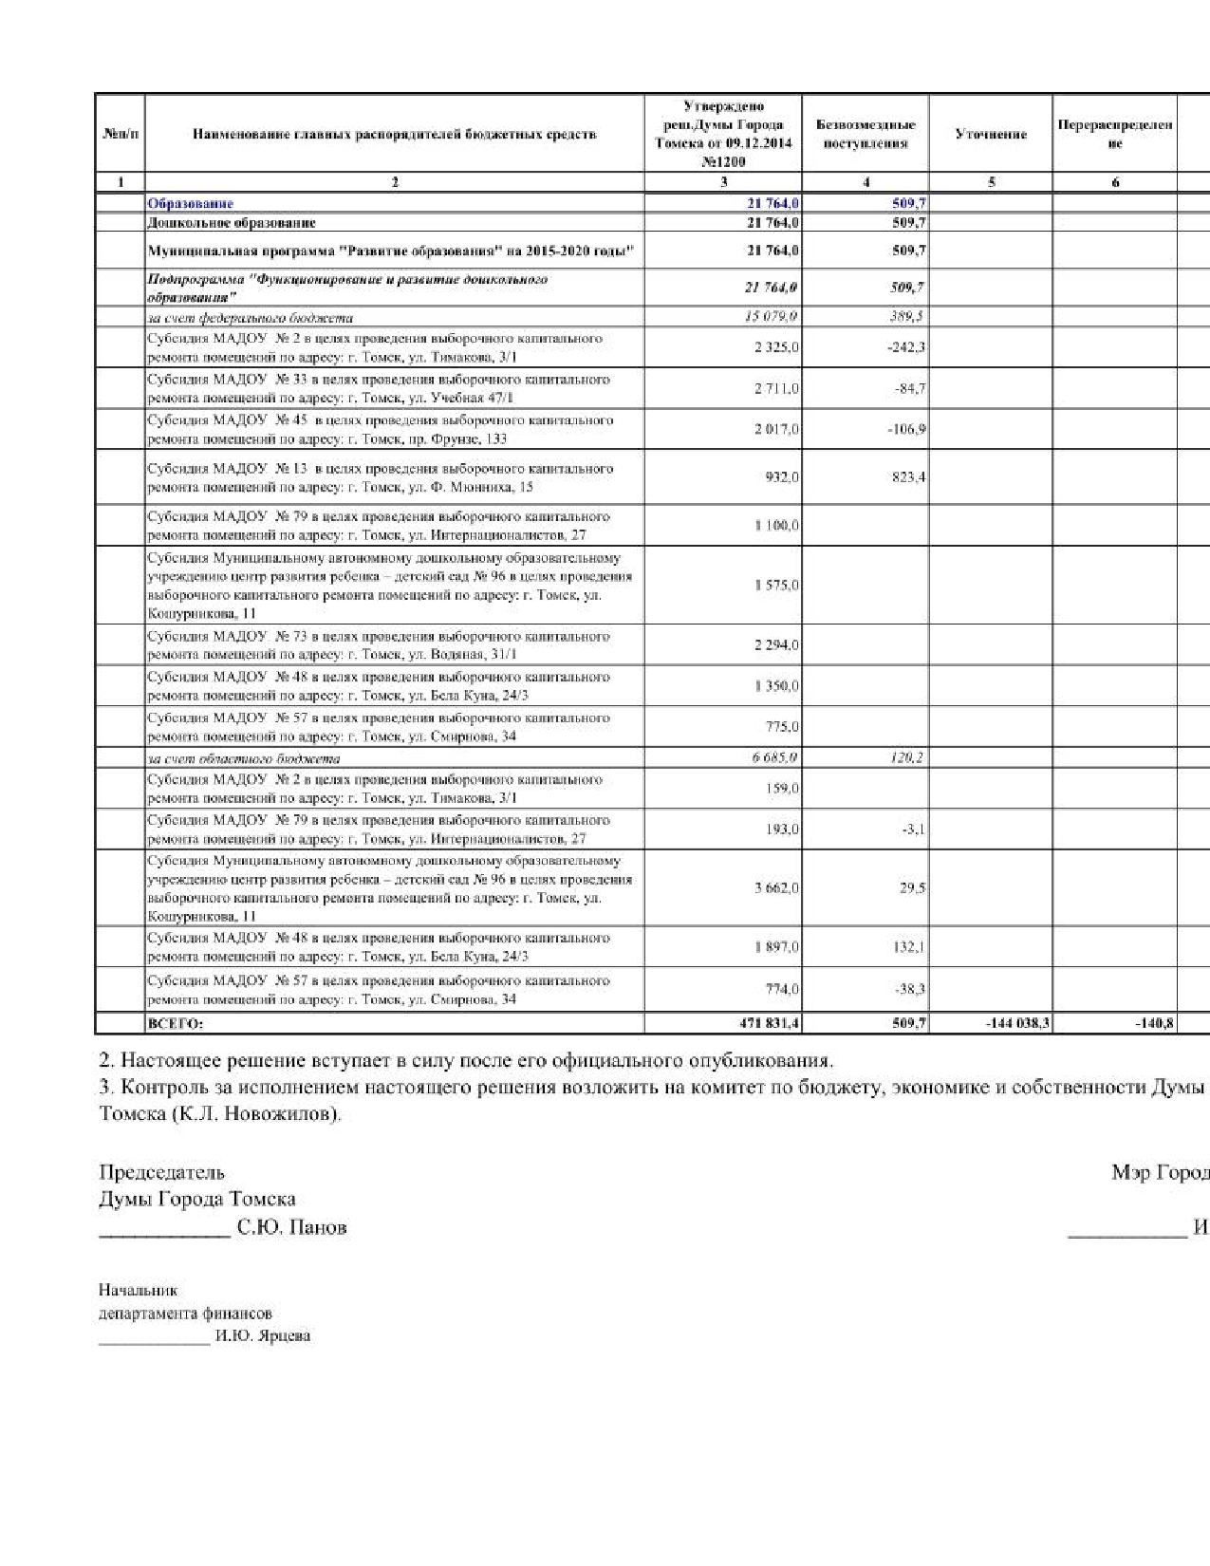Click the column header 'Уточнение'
(991, 134)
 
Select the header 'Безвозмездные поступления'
(866, 134)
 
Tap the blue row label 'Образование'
(191, 203)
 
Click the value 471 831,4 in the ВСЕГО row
(769, 1024)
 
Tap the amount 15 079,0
(772, 317)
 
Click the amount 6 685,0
(772, 757)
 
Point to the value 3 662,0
(776, 888)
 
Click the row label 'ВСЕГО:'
(176, 1024)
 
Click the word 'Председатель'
(162, 1172)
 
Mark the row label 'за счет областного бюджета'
(244, 758)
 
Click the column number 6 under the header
(1115, 182)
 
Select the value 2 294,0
(776, 645)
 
